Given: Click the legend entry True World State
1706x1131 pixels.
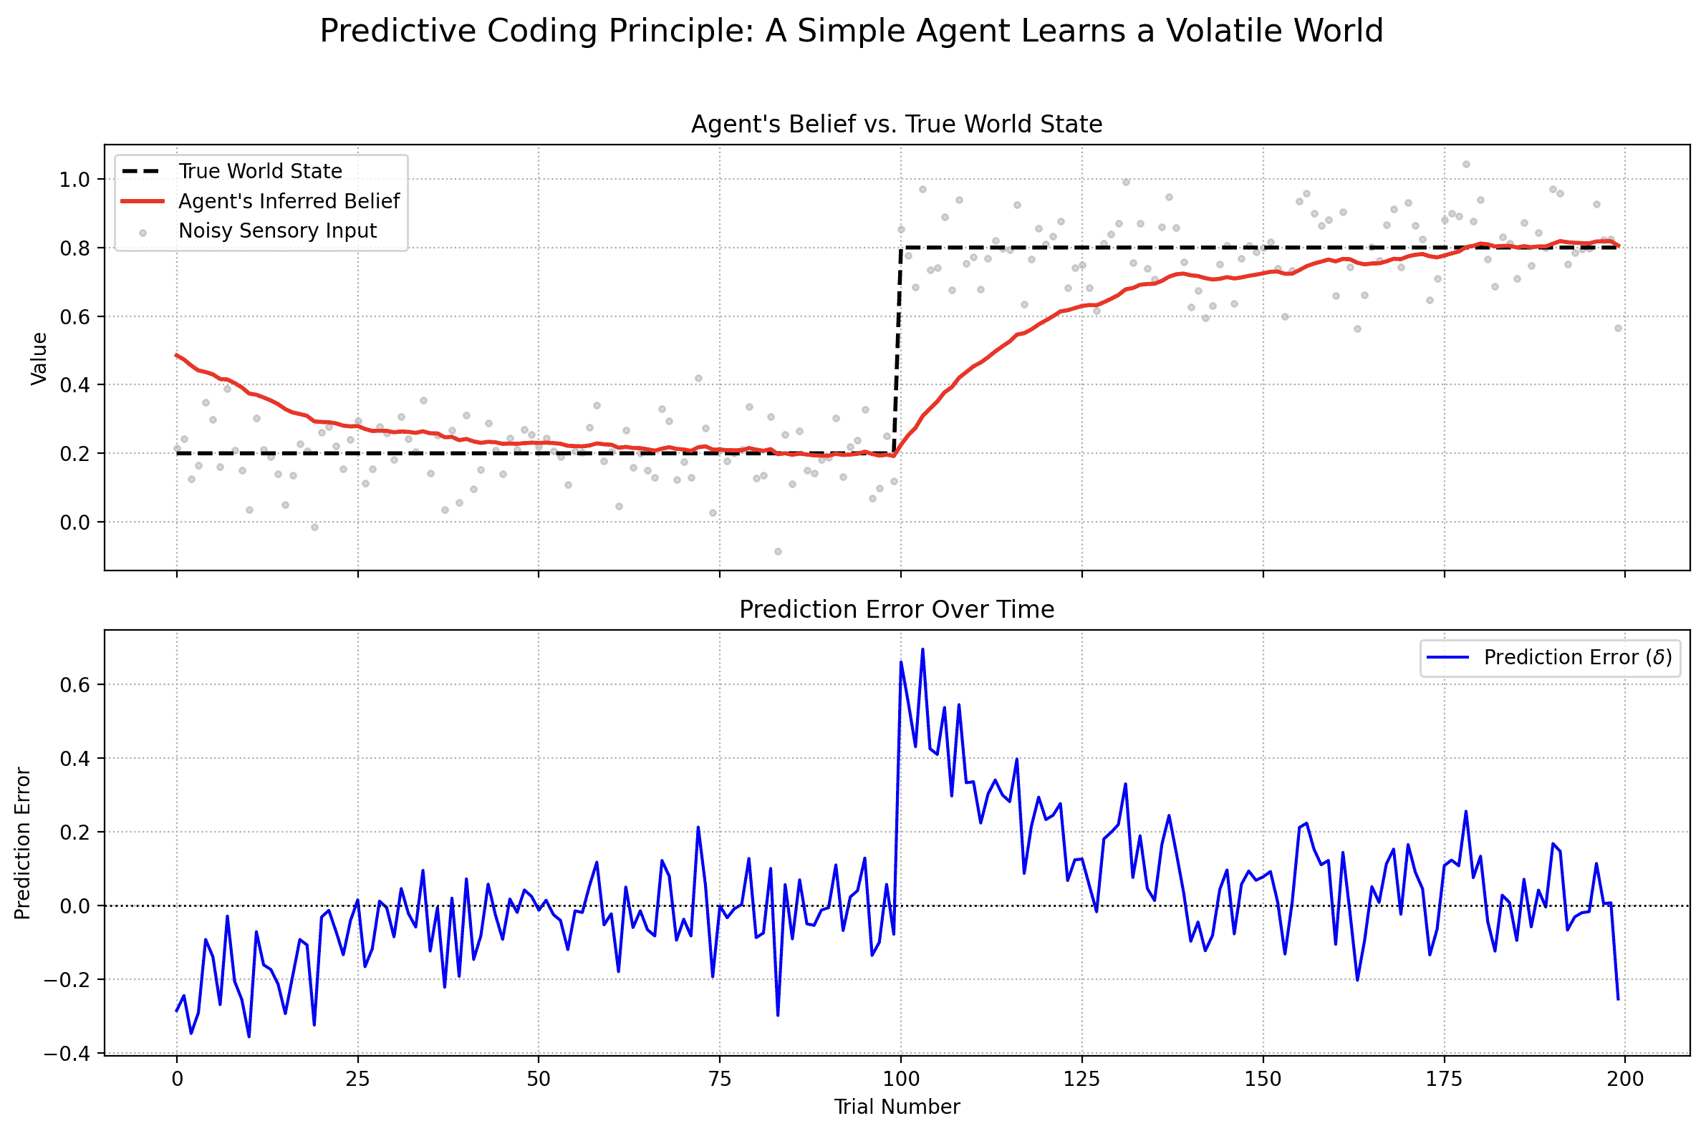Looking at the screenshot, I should (x=260, y=171).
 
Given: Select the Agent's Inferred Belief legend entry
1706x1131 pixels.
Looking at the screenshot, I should (x=289, y=200).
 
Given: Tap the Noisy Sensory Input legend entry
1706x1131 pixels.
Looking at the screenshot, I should (x=277, y=230).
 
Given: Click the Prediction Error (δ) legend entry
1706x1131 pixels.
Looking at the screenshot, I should (x=1578, y=657).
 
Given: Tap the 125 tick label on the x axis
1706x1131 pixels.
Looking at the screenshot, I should (x=1081, y=1079).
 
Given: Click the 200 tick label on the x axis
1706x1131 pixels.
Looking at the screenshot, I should (x=1625, y=1079).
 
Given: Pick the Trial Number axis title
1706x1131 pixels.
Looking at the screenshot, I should (x=897, y=1107).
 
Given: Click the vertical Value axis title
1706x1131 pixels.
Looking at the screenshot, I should (x=39, y=359).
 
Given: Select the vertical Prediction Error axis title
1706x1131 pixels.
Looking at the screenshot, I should (x=23, y=843).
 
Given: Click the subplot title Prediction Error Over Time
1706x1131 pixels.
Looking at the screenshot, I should (x=897, y=610).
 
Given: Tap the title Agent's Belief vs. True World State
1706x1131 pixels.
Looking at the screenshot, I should (x=897, y=125).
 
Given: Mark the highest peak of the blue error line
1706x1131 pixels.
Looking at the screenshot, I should (x=922, y=649).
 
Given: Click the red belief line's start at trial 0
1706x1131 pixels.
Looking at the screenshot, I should (x=177, y=355).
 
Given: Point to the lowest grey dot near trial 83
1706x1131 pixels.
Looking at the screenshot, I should (x=778, y=552).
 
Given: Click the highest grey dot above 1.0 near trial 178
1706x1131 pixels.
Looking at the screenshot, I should (x=1465, y=165).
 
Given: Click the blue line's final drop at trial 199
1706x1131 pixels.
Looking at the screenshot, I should (x=1618, y=999).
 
